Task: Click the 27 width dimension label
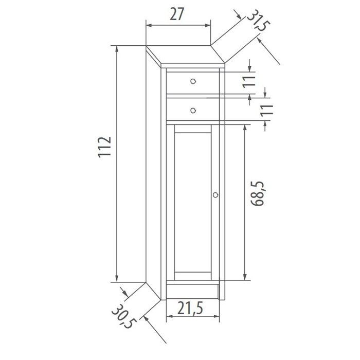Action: (x=177, y=14)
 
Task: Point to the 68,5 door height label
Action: (x=259, y=193)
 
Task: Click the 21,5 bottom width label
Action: (x=191, y=308)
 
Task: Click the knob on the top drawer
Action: (x=193, y=81)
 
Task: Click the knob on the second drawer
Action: (x=193, y=109)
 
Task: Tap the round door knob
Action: (x=215, y=195)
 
